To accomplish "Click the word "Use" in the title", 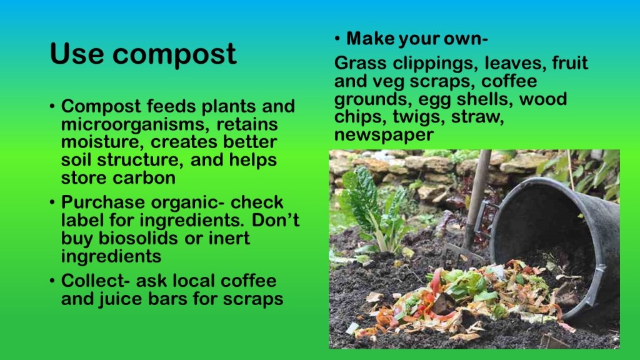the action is click(76, 54).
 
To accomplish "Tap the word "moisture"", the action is click(102, 142).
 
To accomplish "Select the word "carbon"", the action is click(144, 178).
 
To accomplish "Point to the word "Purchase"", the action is click(103, 202).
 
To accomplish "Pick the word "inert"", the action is click(229, 238).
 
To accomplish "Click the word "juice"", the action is click(121, 299).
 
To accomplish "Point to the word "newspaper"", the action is click(384, 135).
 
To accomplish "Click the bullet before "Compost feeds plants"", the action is click(52, 107).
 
